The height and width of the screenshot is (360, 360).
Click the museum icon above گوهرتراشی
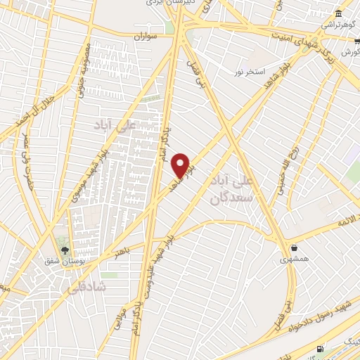[x=339, y=14]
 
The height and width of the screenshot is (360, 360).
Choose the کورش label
[x=349, y=53]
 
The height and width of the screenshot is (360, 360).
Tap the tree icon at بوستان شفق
[x=65, y=250]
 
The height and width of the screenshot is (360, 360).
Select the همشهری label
[x=293, y=259]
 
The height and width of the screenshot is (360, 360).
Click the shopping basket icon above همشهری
[x=293, y=247]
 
